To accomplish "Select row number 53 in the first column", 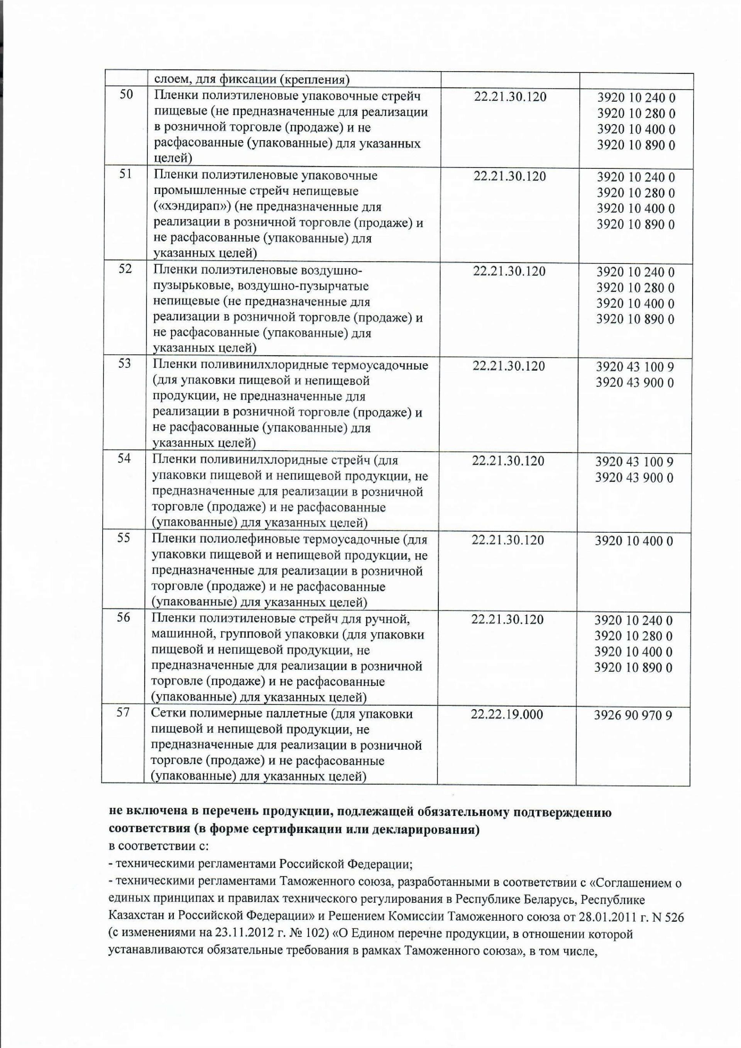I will tap(125, 364).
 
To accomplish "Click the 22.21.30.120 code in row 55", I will tap(508, 540).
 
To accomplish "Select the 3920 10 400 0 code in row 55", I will tap(634, 541).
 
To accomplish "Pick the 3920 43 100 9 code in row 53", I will tap(635, 367).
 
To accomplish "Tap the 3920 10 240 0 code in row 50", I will tap(636, 97).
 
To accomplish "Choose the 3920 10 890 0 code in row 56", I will tap(633, 668).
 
